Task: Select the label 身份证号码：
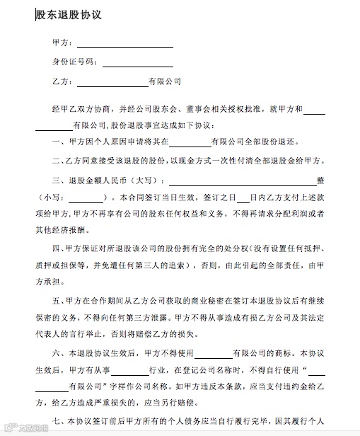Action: pyautogui.click(x=76, y=62)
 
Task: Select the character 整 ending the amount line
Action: pyautogui.click(x=320, y=179)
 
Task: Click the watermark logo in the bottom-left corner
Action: pyautogui.click(x=27, y=427)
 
